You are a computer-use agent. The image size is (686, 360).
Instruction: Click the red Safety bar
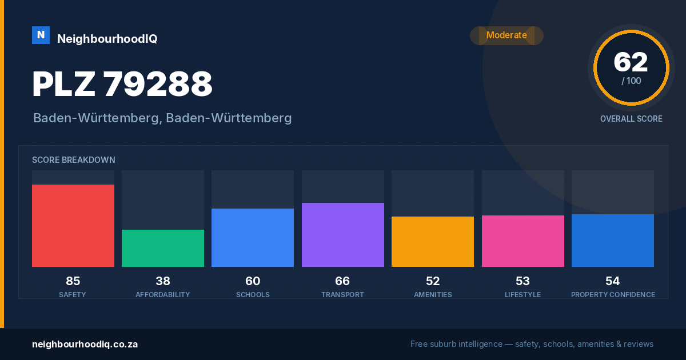click(x=73, y=226)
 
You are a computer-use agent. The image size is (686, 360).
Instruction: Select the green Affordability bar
click(x=163, y=248)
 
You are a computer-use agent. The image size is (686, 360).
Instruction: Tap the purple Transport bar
click(x=342, y=235)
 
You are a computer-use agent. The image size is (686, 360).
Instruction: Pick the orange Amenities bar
click(x=433, y=242)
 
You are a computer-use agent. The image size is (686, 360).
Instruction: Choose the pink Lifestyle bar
click(x=523, y=241)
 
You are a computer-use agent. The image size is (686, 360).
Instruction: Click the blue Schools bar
click(x=253, y=238)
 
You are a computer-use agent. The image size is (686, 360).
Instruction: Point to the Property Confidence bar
click(x=613, y=241)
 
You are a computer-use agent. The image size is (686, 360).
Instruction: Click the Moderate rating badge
click(x=507, y=35)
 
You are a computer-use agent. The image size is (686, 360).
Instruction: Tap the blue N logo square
click(x=41, y=35)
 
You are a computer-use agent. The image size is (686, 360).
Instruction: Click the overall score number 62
click(x=631, y=62)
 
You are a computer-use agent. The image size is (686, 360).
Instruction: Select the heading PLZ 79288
click(x=122, y=84)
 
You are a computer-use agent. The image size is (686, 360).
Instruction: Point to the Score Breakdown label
click(x=74, y=160)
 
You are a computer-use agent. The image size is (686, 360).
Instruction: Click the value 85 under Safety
click(x=73, y=281)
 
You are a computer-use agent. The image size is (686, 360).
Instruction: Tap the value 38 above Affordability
click(x=163, y=281)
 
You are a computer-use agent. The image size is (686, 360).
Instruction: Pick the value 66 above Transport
click(x=342, y=281)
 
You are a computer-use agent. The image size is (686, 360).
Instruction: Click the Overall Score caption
click(x=631, y=119)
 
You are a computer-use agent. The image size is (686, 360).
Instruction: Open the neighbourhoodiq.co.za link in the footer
click(x=85, y=344)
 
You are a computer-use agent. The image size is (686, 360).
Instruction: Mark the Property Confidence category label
click(x=613, y=294)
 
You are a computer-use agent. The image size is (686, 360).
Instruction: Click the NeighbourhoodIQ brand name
click(x=107, y=39)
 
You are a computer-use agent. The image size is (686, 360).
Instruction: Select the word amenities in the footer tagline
click(x=596, y=344)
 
